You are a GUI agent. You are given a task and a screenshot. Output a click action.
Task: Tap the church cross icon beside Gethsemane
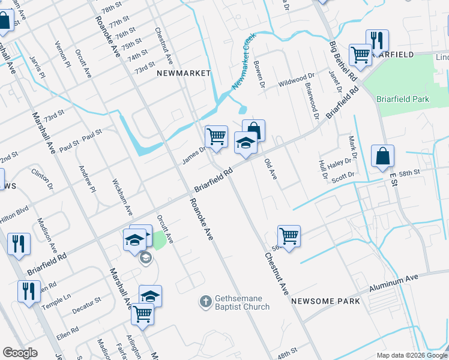205,301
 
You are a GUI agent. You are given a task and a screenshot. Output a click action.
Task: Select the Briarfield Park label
402,99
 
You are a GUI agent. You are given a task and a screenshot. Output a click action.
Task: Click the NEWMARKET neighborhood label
184,73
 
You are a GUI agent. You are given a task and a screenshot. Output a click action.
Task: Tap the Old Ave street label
271,171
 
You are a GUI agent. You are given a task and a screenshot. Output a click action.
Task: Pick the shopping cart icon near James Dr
216,136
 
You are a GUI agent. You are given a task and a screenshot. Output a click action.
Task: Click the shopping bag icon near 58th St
382,156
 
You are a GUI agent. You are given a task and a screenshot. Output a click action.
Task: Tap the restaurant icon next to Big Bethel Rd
377,40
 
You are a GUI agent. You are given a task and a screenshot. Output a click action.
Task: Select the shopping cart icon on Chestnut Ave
289,235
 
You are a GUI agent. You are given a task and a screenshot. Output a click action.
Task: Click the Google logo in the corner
20,353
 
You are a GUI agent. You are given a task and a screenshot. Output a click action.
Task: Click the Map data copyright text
411,355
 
